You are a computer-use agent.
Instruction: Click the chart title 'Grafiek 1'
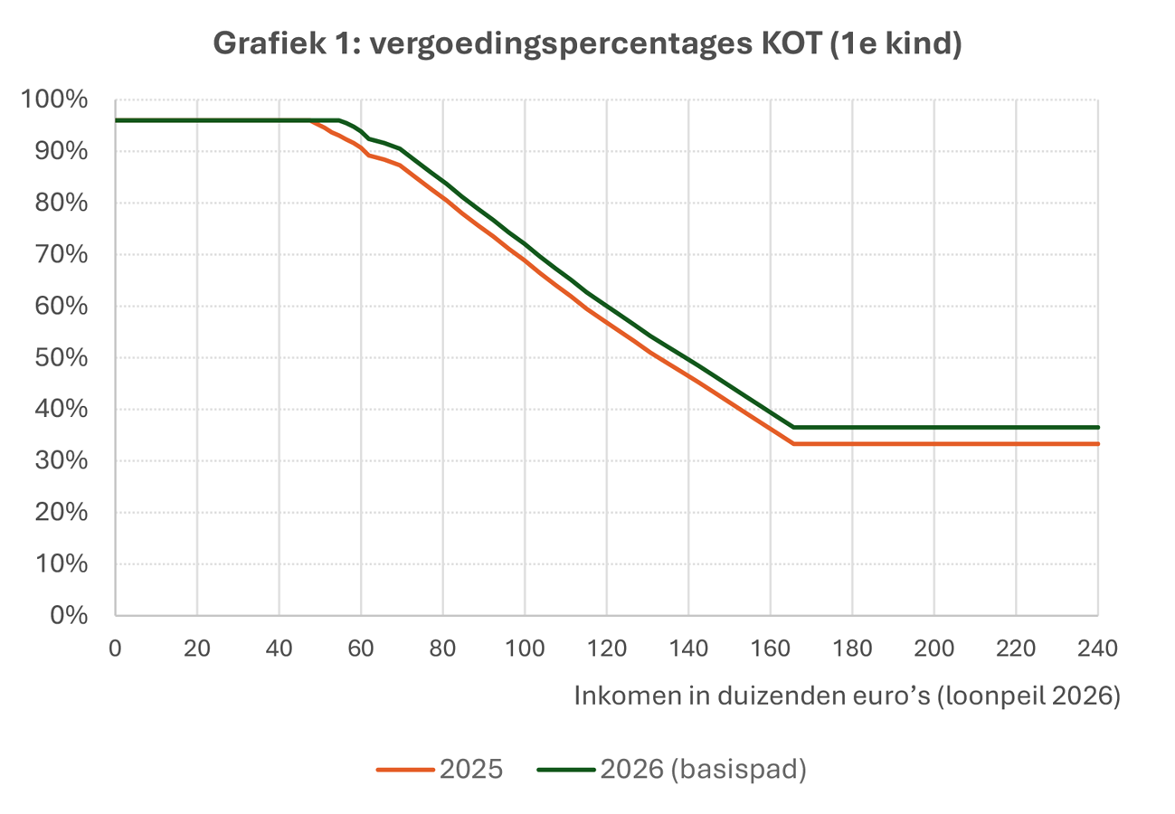point(586,43)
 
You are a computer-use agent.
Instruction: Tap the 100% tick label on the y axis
point(55,99)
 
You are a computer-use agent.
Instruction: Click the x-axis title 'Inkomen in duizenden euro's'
point(847,697)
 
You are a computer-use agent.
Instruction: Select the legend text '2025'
point(470,770)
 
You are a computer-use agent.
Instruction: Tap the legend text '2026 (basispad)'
point(703,770)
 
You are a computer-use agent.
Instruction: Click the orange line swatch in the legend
point(404,770)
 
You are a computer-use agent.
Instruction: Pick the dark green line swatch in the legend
point(565,770)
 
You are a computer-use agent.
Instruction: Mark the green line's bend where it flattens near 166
point(793,427)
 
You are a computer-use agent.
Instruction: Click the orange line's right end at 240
point(1097,444)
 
